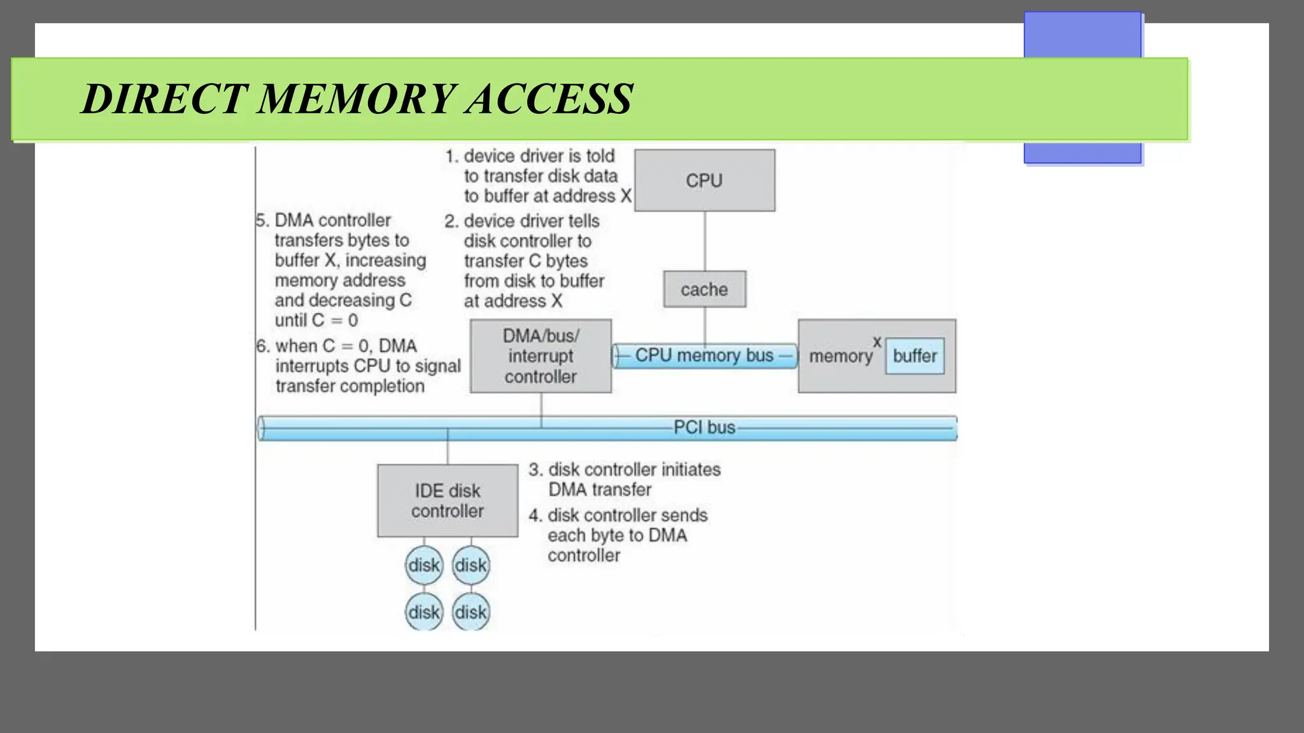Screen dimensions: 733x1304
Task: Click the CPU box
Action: click(x=704, y=181)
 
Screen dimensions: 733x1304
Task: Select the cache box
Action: click(x=704, y=290)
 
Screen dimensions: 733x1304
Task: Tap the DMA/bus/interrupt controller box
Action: click(x=541, y=356)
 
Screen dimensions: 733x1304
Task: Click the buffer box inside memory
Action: click(x=914, y=356)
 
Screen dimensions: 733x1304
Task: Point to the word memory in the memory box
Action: click(x=840, y=356)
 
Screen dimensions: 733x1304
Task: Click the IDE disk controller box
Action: click(x=447, y=501)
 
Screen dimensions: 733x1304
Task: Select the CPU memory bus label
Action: click(x=704, y=355)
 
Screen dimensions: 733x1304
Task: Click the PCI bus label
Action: click(x=704, y=428)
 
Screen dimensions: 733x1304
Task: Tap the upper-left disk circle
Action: click(x=424, y=565)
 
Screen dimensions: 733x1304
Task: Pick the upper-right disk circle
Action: click(x=471, y=565)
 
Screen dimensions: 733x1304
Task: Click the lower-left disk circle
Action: click(x=424, y=612)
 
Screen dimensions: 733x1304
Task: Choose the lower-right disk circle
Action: click(x=471, y=612)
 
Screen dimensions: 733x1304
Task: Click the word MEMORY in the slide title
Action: click(x=357, y=99)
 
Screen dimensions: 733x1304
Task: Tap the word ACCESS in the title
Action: click(x=549, y=99)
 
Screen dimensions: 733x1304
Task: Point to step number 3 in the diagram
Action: click(x=535, y=470)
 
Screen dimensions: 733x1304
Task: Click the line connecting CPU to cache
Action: click(x=705, y=241)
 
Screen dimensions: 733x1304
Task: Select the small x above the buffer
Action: click(x=877, y=342)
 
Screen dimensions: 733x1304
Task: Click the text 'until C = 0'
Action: click(x=316, y=320)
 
